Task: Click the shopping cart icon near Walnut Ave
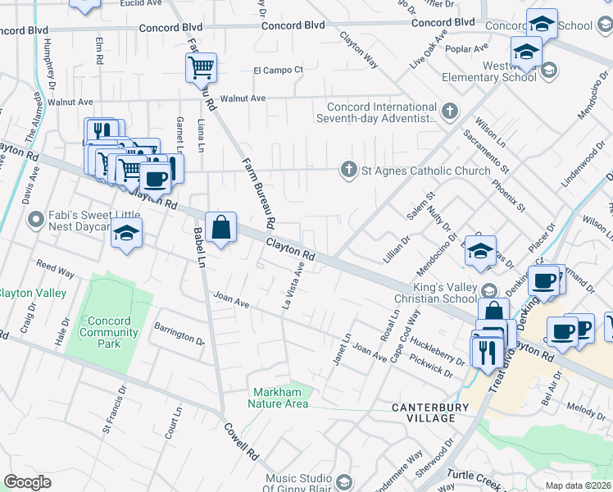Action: (x=201, y=66)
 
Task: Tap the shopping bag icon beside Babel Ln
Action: (x=221, y=228)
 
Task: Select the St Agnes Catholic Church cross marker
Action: (x=349, y=171)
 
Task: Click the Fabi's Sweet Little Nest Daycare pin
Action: (x=35, y=220)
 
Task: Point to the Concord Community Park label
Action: (x=109, y=332)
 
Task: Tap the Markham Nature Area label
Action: (x=280, y=398)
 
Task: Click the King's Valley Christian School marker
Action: (x=489, y=291)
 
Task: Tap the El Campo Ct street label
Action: (x=278, y=71)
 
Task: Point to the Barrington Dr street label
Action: (x=178, y=333)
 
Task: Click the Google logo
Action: (x=27, y=482)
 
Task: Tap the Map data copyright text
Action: (x=579, y=485)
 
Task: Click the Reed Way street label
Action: (x=56, y=270)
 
